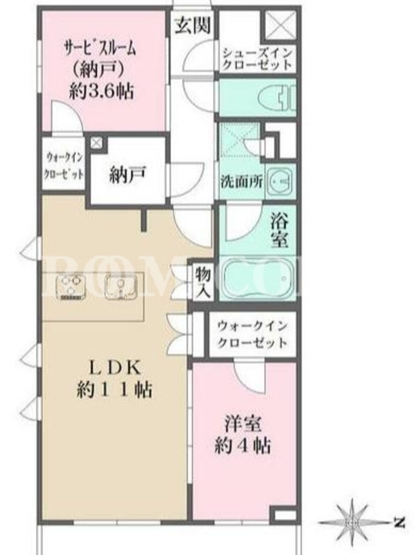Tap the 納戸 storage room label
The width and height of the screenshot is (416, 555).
[128, 176]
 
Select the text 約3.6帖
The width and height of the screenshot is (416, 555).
[101, 92]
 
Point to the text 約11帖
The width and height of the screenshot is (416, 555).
[114, 390]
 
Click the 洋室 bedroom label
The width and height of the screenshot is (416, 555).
[243, 424]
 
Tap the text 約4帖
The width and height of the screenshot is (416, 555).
[243, 445]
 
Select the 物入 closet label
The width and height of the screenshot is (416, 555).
[203, 282]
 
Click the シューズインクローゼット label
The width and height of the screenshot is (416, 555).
[258, 59]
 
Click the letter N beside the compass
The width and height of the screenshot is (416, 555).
[400, 522]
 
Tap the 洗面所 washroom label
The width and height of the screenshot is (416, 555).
[242, 182]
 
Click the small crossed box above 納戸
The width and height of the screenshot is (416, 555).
[96, 143]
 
